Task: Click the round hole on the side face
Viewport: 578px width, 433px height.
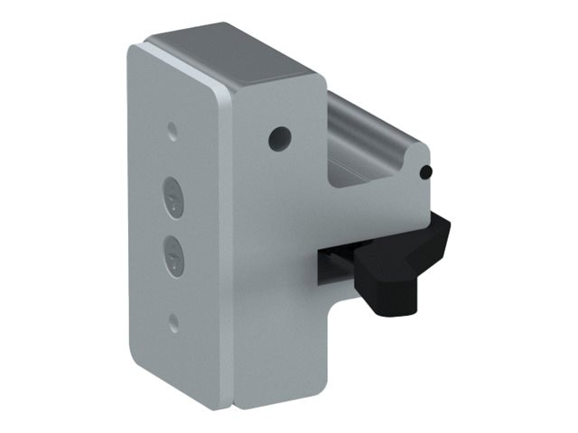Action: click(x=280, y=138)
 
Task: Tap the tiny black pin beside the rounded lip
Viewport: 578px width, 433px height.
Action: click(x=427, y=170)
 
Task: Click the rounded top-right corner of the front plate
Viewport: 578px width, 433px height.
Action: click(x=222, y=90)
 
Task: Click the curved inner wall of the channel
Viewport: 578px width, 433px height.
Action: click(x=348, y=126)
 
